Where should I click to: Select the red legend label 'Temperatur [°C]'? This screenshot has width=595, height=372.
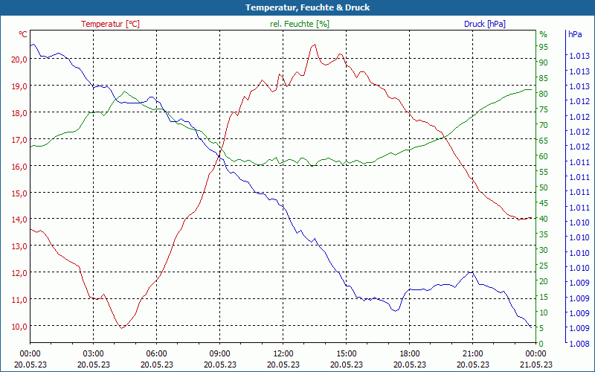click(110, 24)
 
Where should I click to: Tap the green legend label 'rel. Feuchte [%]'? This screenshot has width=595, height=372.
click(299, 24)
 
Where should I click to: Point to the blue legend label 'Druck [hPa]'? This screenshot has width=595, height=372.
click(484, 24)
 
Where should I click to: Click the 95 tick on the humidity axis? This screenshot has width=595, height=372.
click(544, 46)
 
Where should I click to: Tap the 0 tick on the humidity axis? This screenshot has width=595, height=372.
click(541, 344)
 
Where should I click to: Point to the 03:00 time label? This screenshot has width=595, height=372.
click(93, 353)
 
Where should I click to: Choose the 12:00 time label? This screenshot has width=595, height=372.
click(283, 353)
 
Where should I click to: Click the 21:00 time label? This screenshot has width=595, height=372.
click(472, 353)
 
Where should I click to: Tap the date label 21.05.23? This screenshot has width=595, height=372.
click(535, 365)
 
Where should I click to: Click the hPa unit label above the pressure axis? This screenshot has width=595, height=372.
click(575, 34)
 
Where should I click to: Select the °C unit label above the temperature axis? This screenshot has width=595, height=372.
click(23, 34)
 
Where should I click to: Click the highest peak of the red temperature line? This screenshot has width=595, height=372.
click(314, 45)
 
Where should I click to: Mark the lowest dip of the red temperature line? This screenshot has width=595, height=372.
click(121, 327)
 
